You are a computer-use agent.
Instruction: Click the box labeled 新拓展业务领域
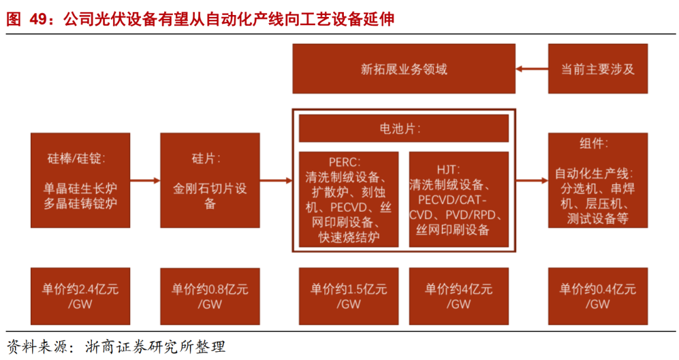(x=404, y=69)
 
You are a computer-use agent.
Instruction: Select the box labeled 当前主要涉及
(x=597, y=69)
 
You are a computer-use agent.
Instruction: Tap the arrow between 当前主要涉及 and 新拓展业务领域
(x=531, y=69)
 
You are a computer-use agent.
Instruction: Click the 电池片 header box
(x=404, y=129)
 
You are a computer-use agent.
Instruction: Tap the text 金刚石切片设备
(x=210, y=195)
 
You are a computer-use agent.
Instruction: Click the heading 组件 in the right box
(x=593, y=144)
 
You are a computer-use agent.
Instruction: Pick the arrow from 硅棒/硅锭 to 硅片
(x=145, y=180)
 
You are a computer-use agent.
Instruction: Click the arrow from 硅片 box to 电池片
(x=276, y=180)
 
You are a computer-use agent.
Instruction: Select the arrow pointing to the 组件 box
(x=532, y=180)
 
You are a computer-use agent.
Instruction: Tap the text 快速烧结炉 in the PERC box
(x=348, y=238)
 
